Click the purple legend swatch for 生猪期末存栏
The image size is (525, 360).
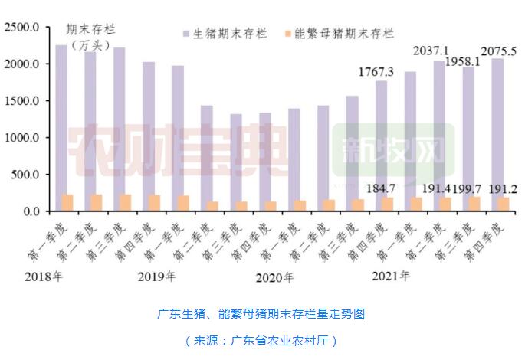point(185,34)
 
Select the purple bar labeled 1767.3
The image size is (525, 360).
point(381,146)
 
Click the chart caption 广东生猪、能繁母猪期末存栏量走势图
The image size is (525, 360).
point(261,314)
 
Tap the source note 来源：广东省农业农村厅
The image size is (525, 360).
point(261,339)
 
